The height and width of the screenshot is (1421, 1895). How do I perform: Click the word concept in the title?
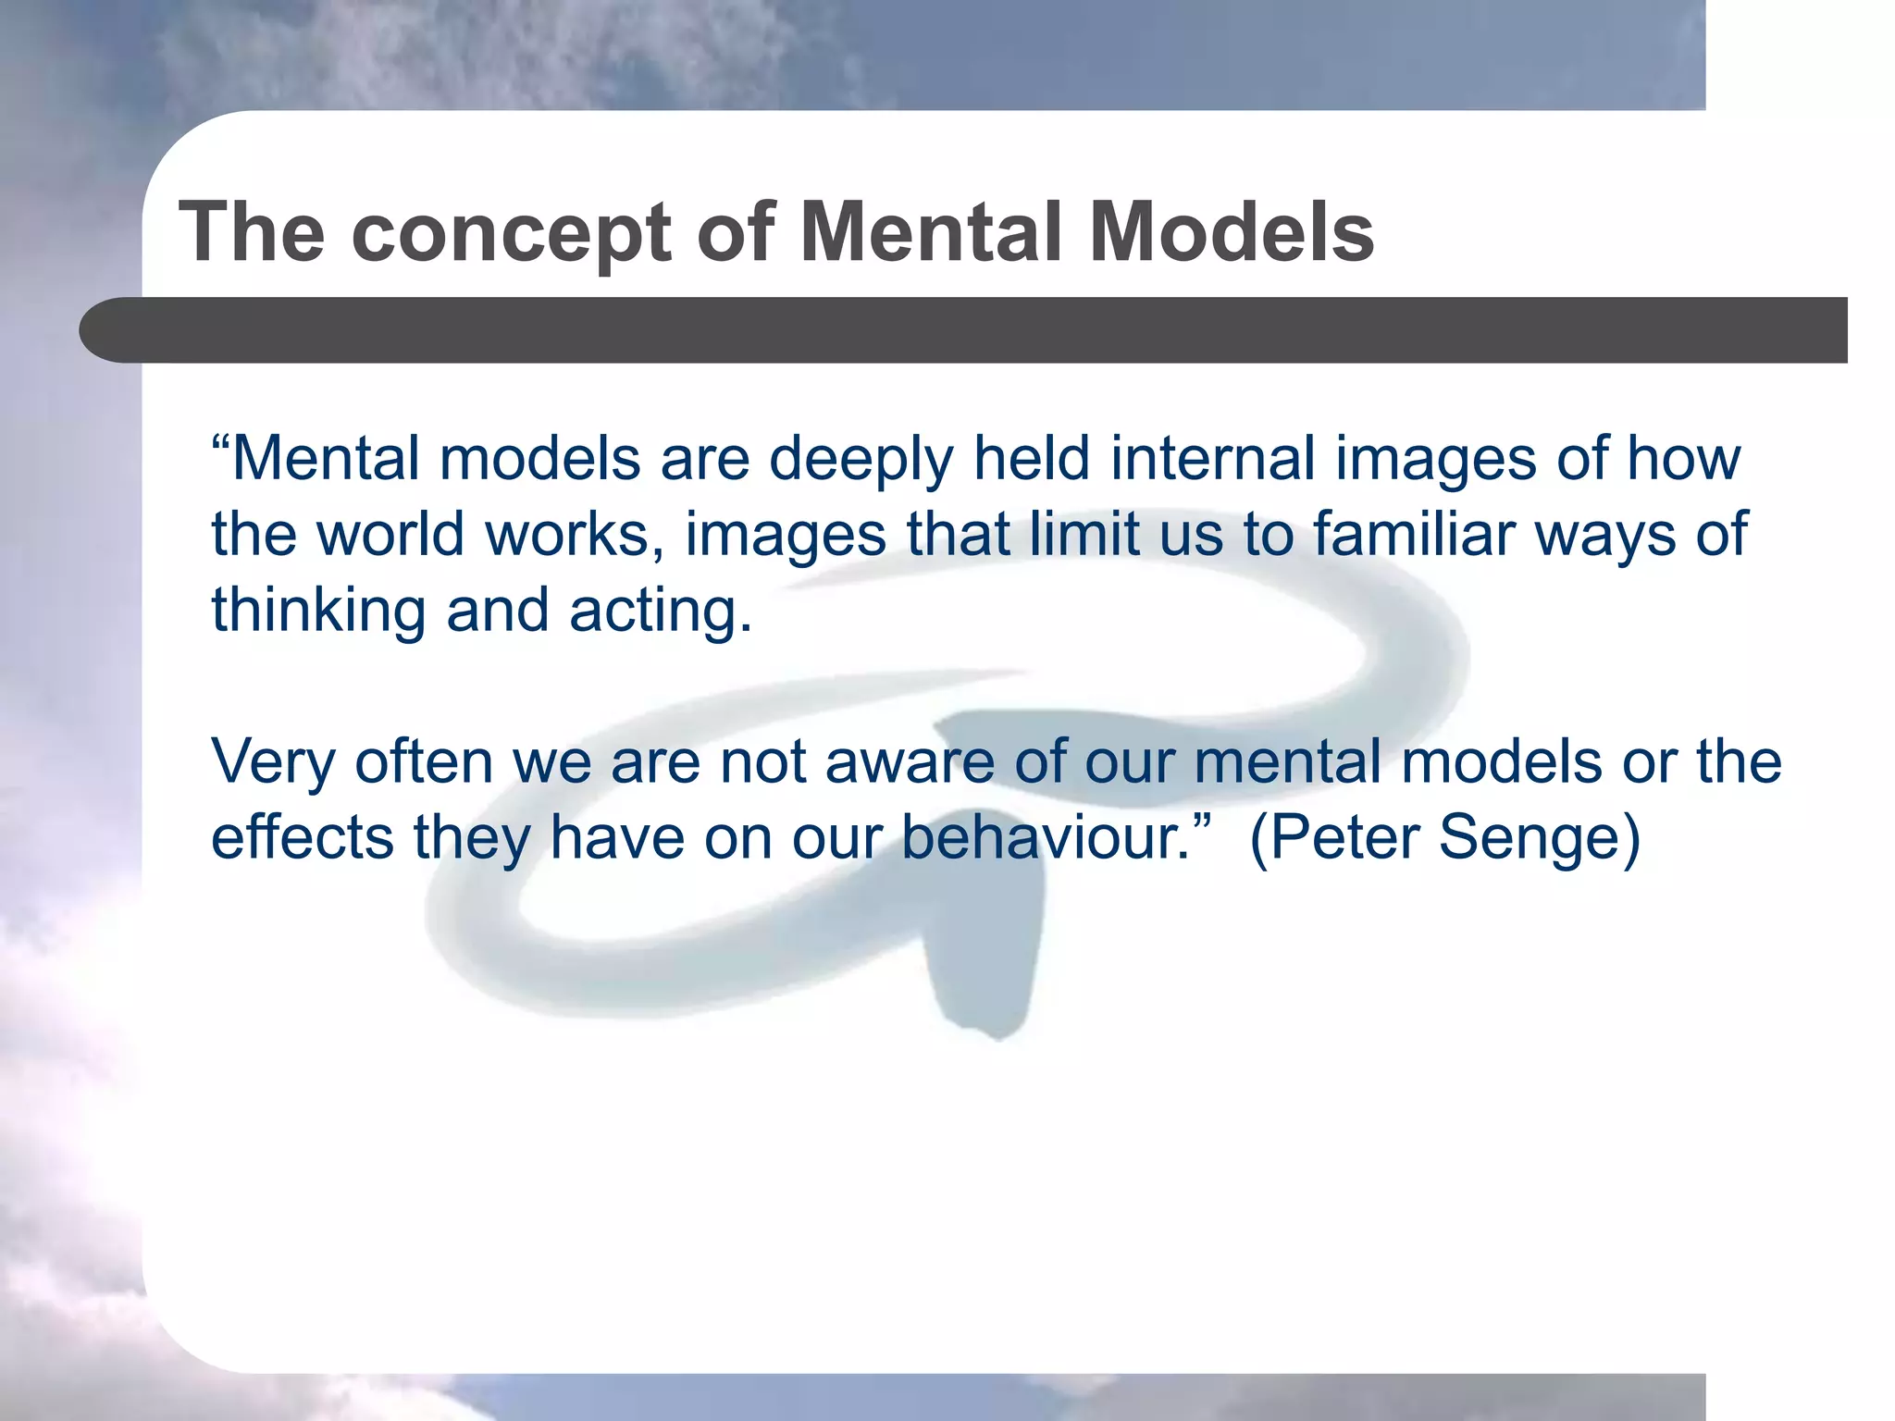point(511,233)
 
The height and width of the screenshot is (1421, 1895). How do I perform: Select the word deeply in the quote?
point(861,460)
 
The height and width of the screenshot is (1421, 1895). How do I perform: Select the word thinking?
point(318,612)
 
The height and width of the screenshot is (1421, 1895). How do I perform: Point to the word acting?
point(660,612)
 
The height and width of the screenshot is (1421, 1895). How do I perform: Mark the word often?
point(424,761)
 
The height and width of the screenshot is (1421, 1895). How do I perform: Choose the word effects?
point(303,837)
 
